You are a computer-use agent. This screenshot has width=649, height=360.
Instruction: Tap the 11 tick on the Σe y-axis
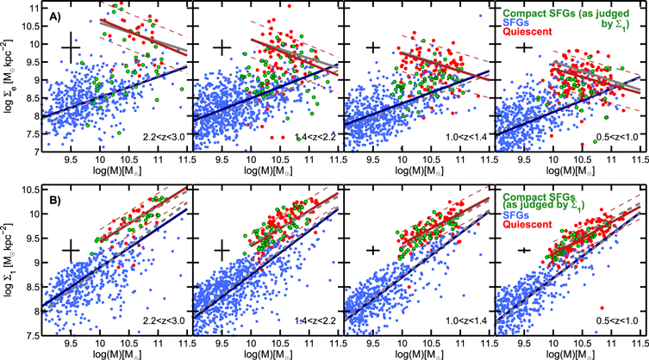[x=30, y=7]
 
